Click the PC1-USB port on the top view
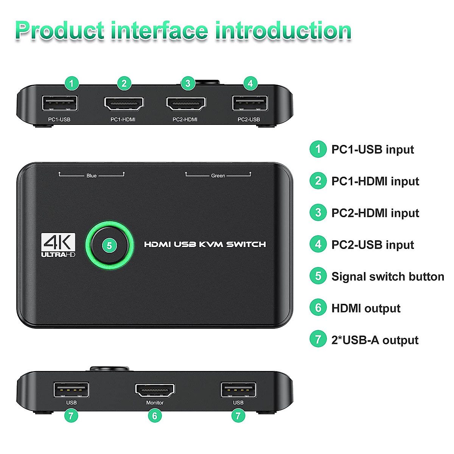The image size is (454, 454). (x=60, y=103)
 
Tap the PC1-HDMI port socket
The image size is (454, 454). (x=124, y=103)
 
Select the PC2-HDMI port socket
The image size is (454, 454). (x=186, y=103)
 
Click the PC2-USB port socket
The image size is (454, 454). (x=250, y=103)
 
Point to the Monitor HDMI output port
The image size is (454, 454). (x=155, y=390)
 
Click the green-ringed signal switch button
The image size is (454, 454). (x=110, y=246)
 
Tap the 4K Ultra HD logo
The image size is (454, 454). (x=58, y=245)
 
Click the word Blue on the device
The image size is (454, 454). (x=92, y=176)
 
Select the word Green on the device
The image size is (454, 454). (x=218, y=176)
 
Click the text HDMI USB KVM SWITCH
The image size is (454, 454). (x=205, y=244)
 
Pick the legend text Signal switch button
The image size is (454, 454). (x=387, y=277)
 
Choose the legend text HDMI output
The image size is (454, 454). (x=365, y=308)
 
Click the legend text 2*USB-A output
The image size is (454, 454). (x=375, y=340)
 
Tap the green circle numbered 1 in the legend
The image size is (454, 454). (x=318, y=149)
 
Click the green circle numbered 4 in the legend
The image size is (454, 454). (x=318, y=244)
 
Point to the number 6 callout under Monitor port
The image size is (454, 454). (x=155, y=416)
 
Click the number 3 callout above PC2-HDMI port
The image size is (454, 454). (x=188, y=83)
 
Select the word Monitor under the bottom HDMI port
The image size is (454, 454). (x=155, y=403)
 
